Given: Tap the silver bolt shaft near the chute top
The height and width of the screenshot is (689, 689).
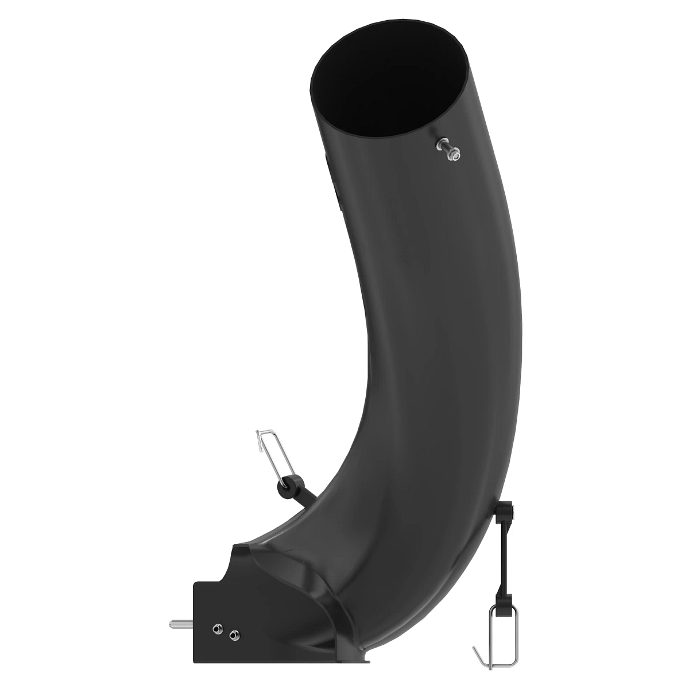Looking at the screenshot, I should (443, 146).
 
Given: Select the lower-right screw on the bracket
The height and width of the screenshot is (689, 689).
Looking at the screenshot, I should (233, 619).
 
